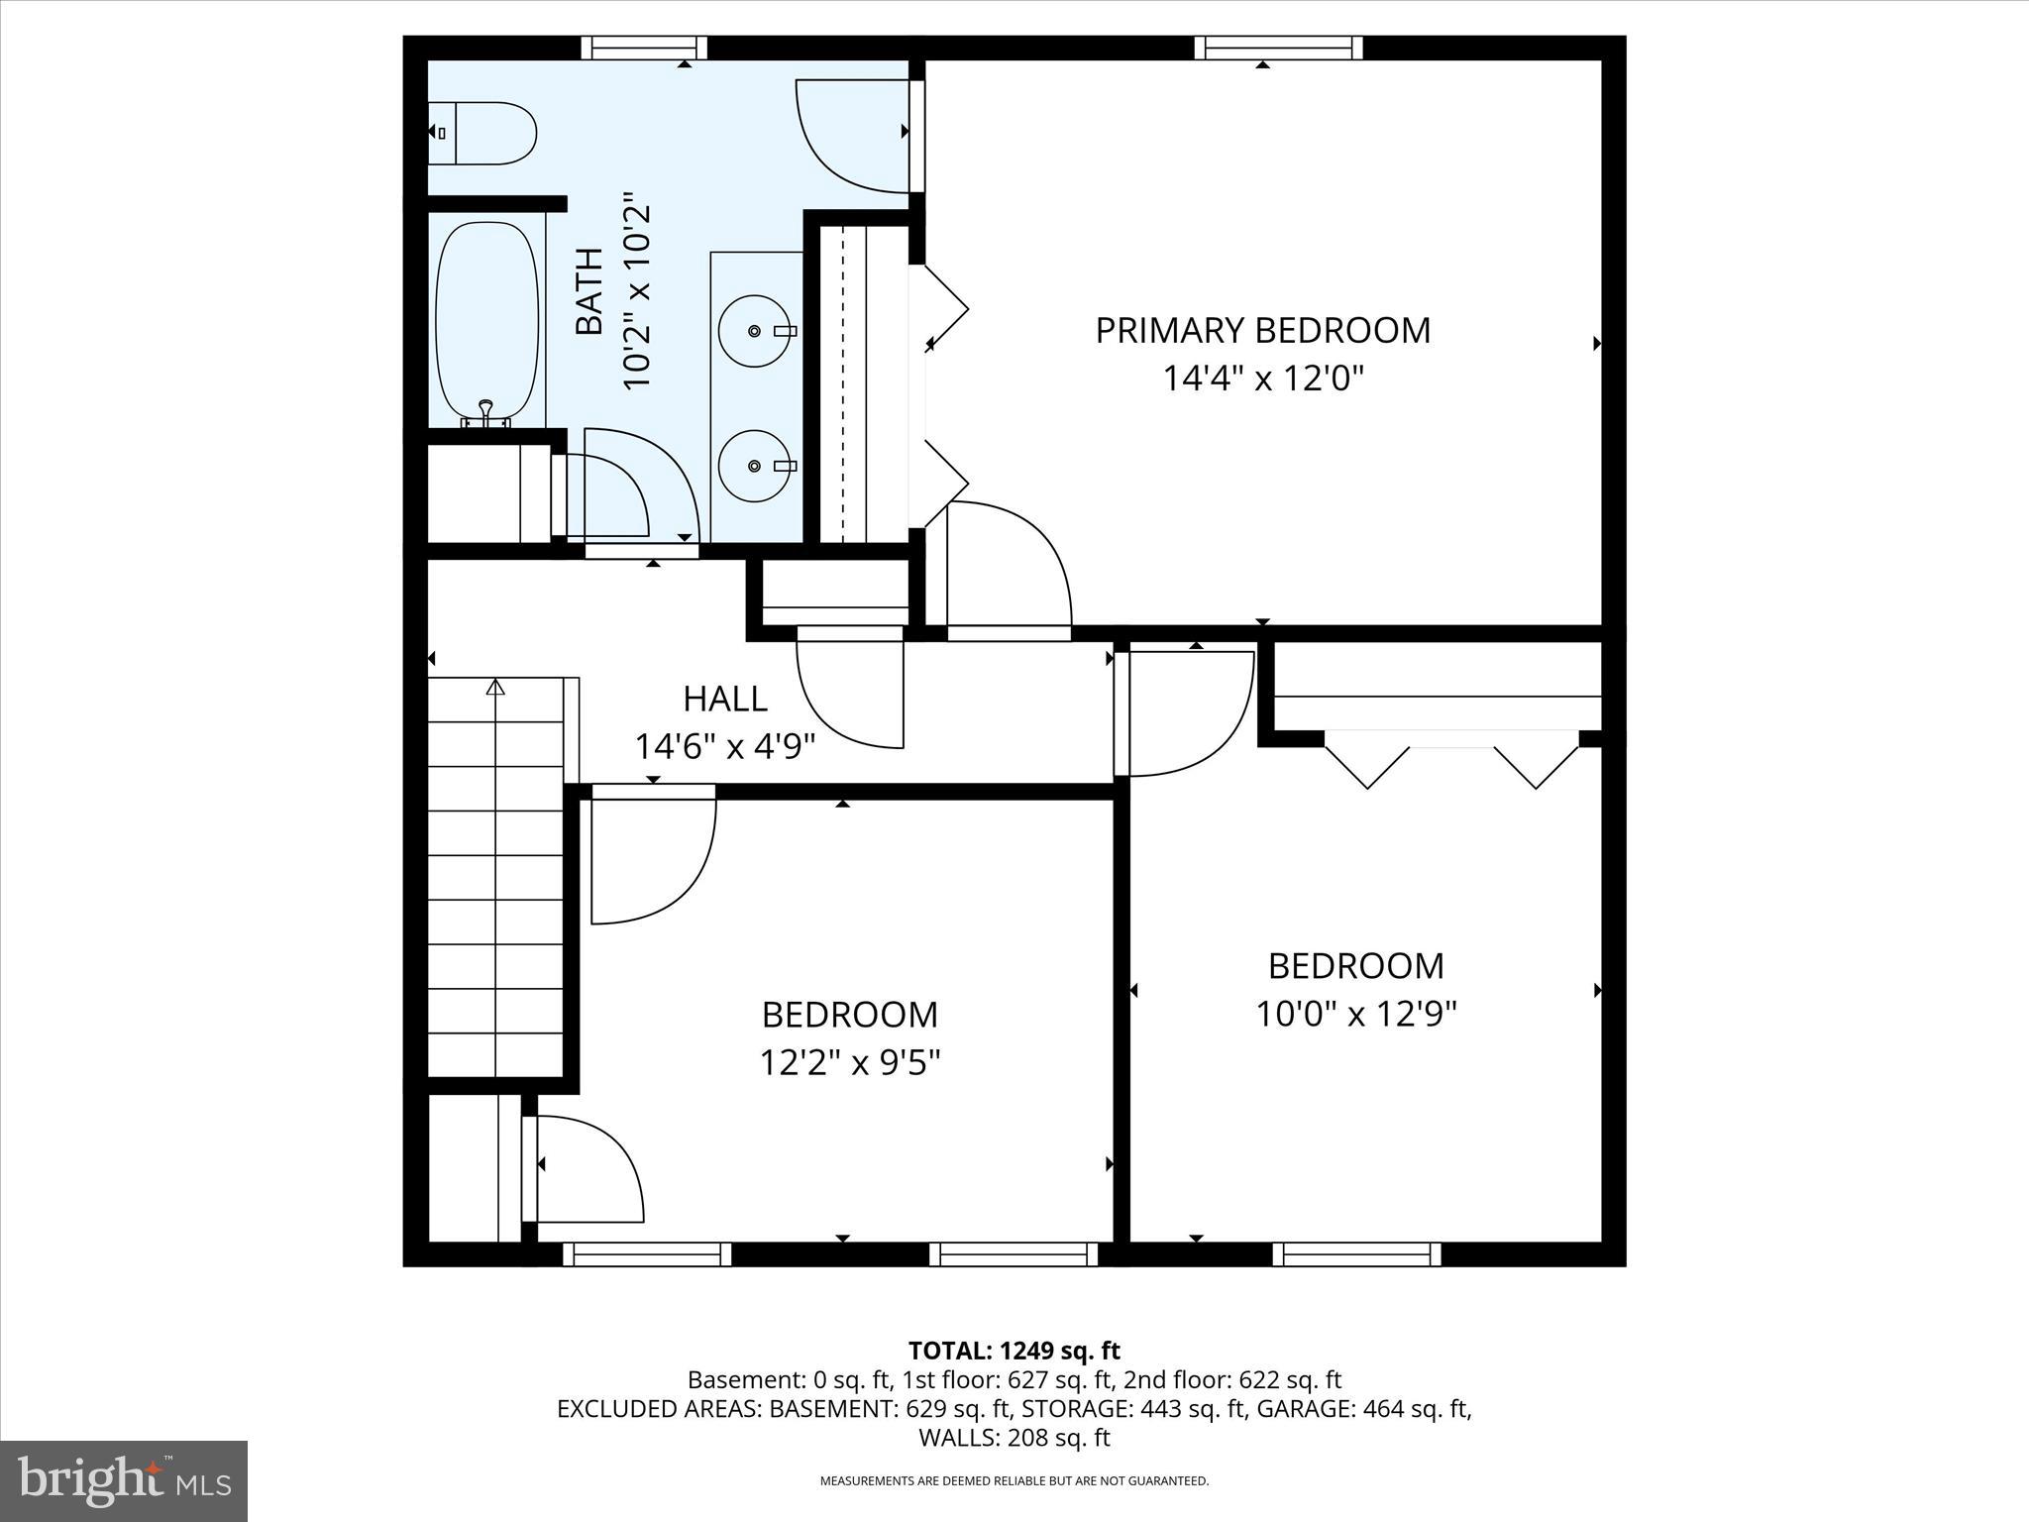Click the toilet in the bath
click(x=482, y=133)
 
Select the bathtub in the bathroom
click(x=487, y=321)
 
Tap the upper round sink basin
click(x=755, y=330)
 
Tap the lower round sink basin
click(x=755, y=466)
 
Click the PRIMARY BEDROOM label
click(x=1262, y=330)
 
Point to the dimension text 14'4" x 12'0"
click(x=1262, y=379)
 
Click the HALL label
click(x=724, y=699)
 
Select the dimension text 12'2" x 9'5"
click(x=849, y=1063)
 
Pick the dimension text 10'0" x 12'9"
click(x=1355, y=1015)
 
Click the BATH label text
click(x=589, y=291)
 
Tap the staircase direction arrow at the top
click(x=495, y=686)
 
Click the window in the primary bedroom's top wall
click(x=1277, y=48)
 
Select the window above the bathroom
click(x=644, y=48)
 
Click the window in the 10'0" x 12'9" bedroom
click(x=1355, y=1254)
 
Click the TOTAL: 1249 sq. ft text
click(x=1014, y=1351)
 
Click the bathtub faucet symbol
click(x=485, y=407)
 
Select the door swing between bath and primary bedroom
click(x=852, y=139)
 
